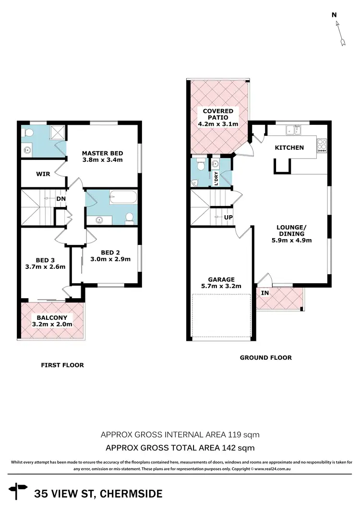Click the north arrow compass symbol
[340, 33]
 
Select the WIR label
[43, 174]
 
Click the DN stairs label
[61, 198]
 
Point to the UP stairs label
[229, 217]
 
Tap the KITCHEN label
[289, 147]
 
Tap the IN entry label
[264, 292]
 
